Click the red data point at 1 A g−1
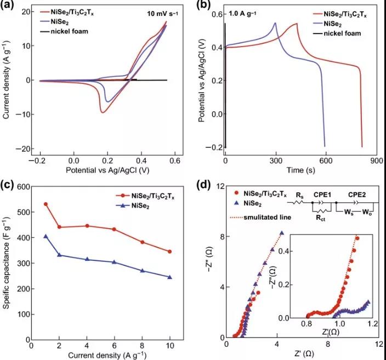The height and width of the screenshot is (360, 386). [x=46, y=204]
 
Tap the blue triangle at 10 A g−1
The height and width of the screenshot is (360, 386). [x=170, y=277]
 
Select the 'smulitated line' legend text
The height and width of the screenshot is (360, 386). [x=262, y=218]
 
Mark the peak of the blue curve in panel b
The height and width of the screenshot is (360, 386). [x=275, y=22]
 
